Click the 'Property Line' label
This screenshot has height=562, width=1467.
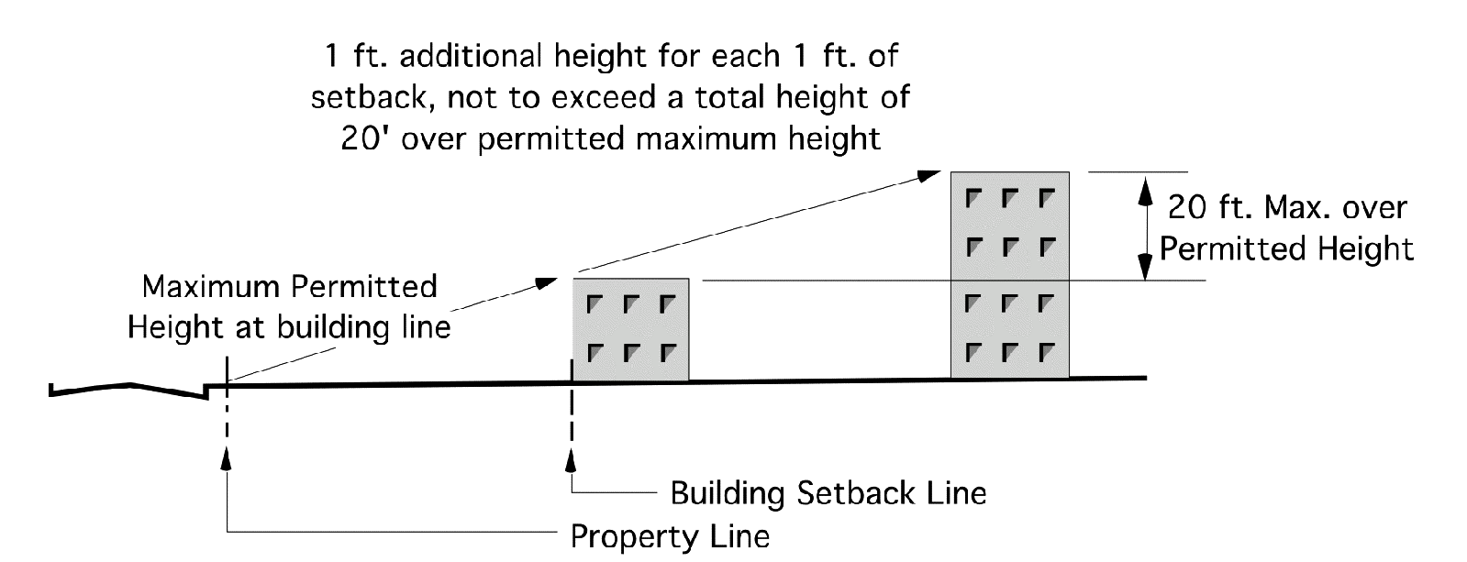669,534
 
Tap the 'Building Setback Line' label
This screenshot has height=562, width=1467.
828,493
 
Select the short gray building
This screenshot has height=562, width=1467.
630,328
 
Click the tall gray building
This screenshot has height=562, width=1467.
1009,274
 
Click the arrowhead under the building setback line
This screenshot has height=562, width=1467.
572,456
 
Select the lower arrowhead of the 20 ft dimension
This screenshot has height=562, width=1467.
1145,267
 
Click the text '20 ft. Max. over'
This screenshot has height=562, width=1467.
1286,208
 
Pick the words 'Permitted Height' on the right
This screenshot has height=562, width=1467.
1286,248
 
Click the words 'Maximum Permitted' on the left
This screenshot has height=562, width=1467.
289,287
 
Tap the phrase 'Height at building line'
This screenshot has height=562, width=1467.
289,326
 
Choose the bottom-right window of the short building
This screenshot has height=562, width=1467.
667,351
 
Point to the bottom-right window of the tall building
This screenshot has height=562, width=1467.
1046,351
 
